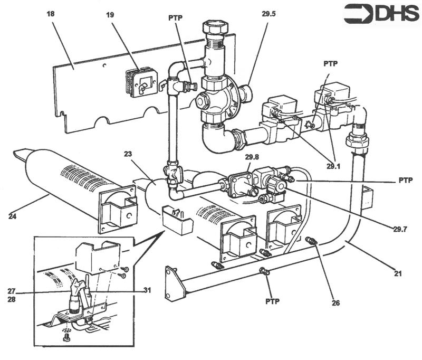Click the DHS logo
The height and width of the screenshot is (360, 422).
coord(381,14)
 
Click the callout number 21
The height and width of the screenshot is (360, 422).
coord(398,273)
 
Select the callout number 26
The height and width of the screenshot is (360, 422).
coord(336,303)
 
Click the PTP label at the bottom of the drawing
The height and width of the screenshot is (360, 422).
coord(272,301)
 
